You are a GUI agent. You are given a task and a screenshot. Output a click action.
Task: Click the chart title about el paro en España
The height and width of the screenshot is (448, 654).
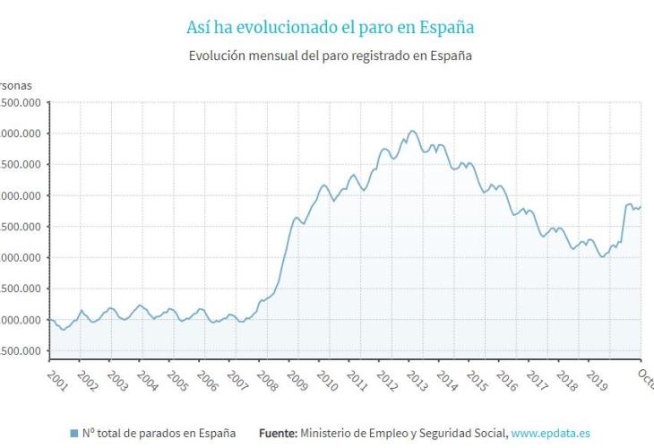coord(330,28)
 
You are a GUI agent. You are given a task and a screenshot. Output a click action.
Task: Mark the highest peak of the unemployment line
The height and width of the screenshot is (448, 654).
coord(412,131)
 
